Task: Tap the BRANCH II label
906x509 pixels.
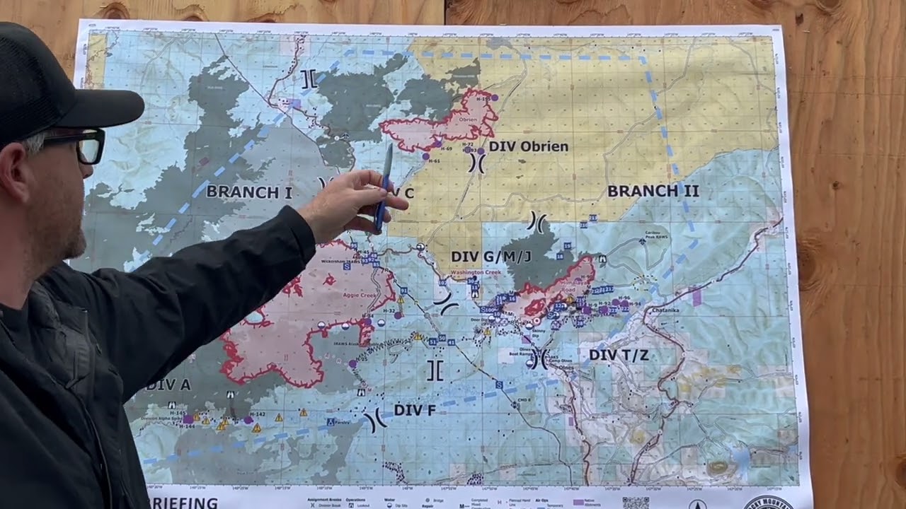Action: coord(653,191)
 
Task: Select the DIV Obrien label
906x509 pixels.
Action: coord(528,146)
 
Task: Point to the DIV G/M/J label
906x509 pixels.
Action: coord(491,255)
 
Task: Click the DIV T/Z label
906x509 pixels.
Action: coord(619,355)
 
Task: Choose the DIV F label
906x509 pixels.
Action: coord(414,410)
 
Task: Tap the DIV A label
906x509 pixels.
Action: coord(168,385)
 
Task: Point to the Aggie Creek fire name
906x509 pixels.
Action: coord(360,295)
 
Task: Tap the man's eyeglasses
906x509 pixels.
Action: coord(78,145)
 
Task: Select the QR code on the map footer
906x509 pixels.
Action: coord(635,503)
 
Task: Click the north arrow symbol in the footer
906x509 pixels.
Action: coord(697,504)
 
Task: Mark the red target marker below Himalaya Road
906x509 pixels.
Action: coord(537,321)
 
